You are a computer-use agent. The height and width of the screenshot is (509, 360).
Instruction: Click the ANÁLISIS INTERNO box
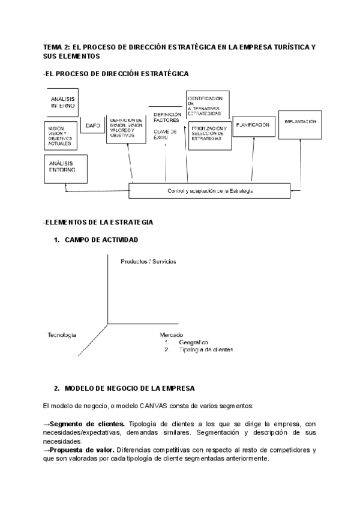tap(62, 102)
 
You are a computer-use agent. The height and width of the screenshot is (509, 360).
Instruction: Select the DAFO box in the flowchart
tap(93, 126)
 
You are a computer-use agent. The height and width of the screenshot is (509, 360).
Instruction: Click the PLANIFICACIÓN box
tap(253, 125)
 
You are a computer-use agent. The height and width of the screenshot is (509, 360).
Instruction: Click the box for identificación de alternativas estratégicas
tap(208, 106)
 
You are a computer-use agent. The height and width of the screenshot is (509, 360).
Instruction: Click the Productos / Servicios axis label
tap(148, 262)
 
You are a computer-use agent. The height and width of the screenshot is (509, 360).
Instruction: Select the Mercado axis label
tap(171, 335)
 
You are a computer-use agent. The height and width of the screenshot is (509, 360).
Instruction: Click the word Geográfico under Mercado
tap(193, 342)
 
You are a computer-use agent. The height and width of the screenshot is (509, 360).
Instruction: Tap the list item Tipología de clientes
tap(205, 349)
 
